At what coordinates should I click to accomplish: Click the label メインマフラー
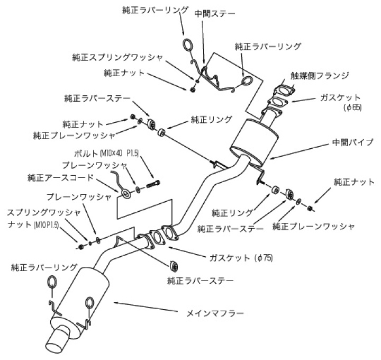215,313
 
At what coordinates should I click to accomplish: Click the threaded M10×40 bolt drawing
153,185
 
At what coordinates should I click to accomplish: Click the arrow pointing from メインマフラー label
148,307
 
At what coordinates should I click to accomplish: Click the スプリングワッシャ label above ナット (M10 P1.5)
43,212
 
